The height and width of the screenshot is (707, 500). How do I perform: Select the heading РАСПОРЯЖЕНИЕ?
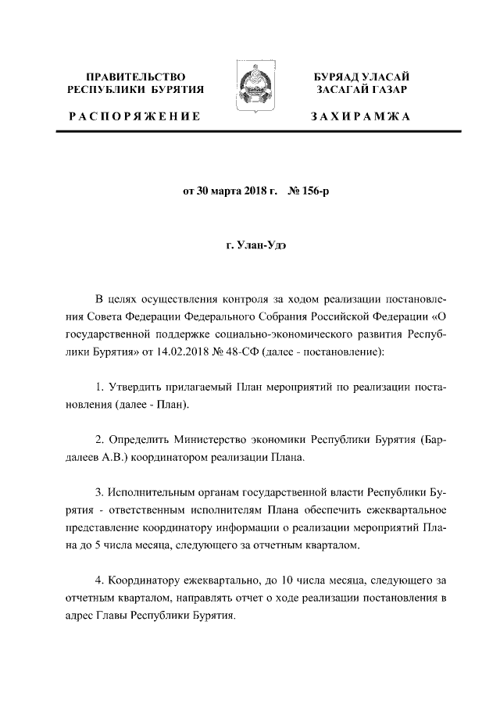pos(134,117)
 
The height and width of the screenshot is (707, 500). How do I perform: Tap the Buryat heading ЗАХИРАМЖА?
pos(359,117)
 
